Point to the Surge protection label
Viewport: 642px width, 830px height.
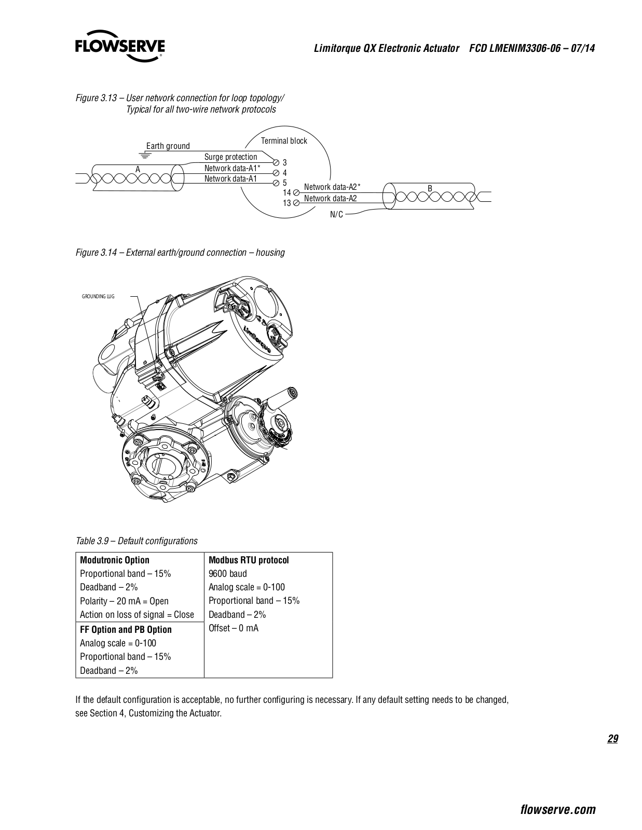pyautogui.click(x=230, y=157)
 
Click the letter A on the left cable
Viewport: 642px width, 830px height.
pyautogui.click(x=138, y=169)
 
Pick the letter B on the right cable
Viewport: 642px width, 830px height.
pyautogui.click(x=430, y=188)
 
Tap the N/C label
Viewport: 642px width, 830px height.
pyautogui.click(x=336, y=214)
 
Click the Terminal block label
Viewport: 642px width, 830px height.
pyautogui.click(x=284, y=141)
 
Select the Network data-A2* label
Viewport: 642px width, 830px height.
pyautogui.click(x=332, y=187)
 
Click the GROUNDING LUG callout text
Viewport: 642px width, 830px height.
pyautogui.click(x=98, y=296)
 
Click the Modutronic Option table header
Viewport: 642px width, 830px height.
pyautogui.click(x=115, y=560)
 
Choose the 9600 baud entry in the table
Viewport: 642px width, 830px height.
pyautogui.click(x=227, y=573)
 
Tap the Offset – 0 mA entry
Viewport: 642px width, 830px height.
pyautogui.click(x=234, y=628)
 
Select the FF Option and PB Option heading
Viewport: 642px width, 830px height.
pyautogui.click(x=126, y=629)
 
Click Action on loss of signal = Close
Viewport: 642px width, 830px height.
pyautogui.click(x=137, y=614)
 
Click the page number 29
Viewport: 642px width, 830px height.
pyautogui.click(x=612, y=739)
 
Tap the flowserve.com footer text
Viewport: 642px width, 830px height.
pyautogui.click(x=557, y=809)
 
